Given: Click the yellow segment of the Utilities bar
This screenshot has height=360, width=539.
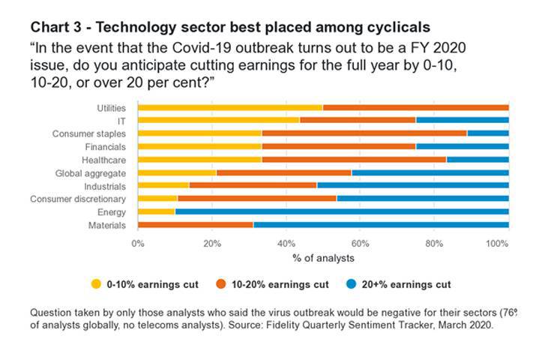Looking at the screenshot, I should [230, 107].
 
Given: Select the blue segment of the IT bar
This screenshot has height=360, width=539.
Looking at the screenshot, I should [462, 120].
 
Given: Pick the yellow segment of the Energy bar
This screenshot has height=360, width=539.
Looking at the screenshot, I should [156, 211].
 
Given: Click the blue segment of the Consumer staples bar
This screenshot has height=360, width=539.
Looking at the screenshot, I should [487, 133].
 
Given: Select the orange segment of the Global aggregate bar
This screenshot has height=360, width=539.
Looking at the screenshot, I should [283, 172].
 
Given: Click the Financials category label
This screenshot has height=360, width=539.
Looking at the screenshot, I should [105, 147].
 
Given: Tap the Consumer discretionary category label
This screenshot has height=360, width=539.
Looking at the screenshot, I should [78, 199].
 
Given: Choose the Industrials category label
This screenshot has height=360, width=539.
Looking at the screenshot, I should [105, 186].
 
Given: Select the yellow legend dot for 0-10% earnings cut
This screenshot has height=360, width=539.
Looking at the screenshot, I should [95, 285].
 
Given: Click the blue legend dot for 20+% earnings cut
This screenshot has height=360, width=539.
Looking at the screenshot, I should [353, 285].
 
